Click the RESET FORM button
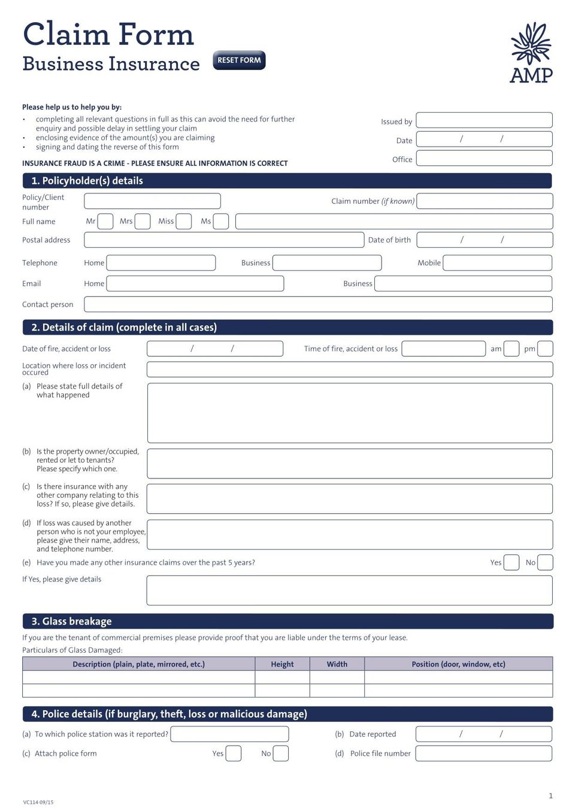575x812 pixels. [x=239, y=60]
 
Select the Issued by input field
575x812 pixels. [x=484, y=120]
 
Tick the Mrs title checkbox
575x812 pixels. [x=143, y=222]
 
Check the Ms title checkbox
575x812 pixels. [x=221, y=222]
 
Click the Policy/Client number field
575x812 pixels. [x=152, y=201]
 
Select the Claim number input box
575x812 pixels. [x=484, y=201]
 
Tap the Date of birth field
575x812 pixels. [x=484, y=240]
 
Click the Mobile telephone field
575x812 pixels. [x=497, y=263]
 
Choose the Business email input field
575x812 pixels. [x=463, y=284]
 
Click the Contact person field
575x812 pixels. [x=318, y=304]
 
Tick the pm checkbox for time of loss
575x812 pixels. [x=545, y=349]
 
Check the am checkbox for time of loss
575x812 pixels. [x=512, y=349]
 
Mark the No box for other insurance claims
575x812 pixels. [x=545, y=562]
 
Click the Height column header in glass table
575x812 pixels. [x=282, y=664]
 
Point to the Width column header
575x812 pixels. [x=337, y=664]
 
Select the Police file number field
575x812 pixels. [x=483, y=753]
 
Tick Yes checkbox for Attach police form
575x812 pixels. [x=234, y=753]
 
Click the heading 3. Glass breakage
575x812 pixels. [x=72, y=622]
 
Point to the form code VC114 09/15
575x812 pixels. [x=38, y=802]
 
